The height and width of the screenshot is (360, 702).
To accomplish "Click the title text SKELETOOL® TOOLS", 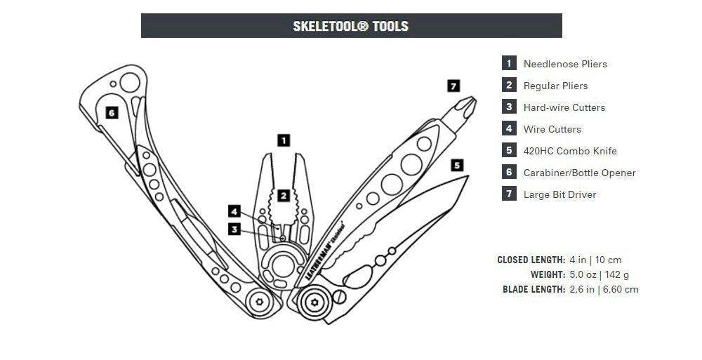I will point(350,27).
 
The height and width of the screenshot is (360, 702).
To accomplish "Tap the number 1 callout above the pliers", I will point(284,140).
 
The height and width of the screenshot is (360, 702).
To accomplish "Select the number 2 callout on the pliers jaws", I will point(283,196).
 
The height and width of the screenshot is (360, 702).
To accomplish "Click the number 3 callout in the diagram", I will point(234,228).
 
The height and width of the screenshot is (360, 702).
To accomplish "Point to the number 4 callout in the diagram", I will point(234,210).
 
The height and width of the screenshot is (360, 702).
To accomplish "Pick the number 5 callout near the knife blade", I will point(457,166).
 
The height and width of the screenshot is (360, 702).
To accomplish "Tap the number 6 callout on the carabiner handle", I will point(112,112).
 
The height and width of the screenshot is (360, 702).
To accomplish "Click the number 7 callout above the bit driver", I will point(453,86).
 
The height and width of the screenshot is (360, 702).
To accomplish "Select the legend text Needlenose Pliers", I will point(565,64).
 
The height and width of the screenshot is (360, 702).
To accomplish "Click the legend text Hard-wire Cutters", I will point(564,107).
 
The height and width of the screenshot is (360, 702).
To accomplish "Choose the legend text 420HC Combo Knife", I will point(570,151).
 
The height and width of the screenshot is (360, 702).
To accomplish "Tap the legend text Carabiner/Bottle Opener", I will point(579,173).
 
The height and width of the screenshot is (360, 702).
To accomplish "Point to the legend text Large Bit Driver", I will point(559,194).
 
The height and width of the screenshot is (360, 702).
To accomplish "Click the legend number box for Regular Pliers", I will point(509,85).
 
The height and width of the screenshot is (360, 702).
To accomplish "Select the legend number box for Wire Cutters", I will point(509,128).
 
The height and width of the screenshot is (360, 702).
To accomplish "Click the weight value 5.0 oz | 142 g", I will point(599,274).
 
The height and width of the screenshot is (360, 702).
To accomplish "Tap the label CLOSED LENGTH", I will point(531,260).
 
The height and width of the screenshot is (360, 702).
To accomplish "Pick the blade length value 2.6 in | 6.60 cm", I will point(604,289).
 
